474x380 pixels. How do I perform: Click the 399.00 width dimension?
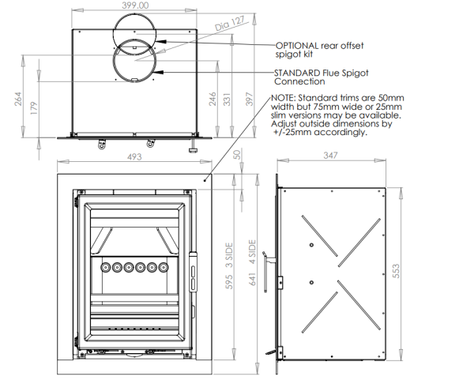[135, 6]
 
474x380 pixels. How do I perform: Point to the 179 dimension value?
[33, 108]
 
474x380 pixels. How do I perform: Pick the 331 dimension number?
[227, 98]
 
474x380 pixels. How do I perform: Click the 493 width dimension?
[134, 157]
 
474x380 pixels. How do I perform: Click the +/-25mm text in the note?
[287, 133]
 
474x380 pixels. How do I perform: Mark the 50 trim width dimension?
[237, 156]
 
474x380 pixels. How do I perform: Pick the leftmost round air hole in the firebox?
[103, 267]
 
